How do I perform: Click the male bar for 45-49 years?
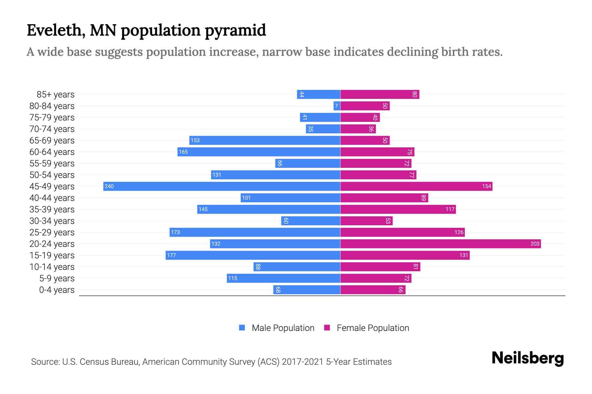point(222,186)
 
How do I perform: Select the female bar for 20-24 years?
point(440,244)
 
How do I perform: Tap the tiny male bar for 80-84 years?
point(337,106)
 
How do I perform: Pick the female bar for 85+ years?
point(380,94)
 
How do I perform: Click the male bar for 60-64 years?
point(259,152)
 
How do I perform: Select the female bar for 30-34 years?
point(366,221)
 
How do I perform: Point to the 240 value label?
point(109,186)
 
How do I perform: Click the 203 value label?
point(535,244)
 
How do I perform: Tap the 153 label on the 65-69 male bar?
point(195,140)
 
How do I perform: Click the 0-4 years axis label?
point(57,290)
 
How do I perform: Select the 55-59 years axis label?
point(52,164)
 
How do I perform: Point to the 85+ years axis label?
point(55,95)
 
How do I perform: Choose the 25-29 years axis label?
point(52,232)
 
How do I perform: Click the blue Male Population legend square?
point(242,328)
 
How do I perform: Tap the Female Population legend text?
point(373,328)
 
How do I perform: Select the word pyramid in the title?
point(235,31)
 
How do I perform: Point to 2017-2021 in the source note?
point(303,362)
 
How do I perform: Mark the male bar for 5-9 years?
point(284,278)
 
